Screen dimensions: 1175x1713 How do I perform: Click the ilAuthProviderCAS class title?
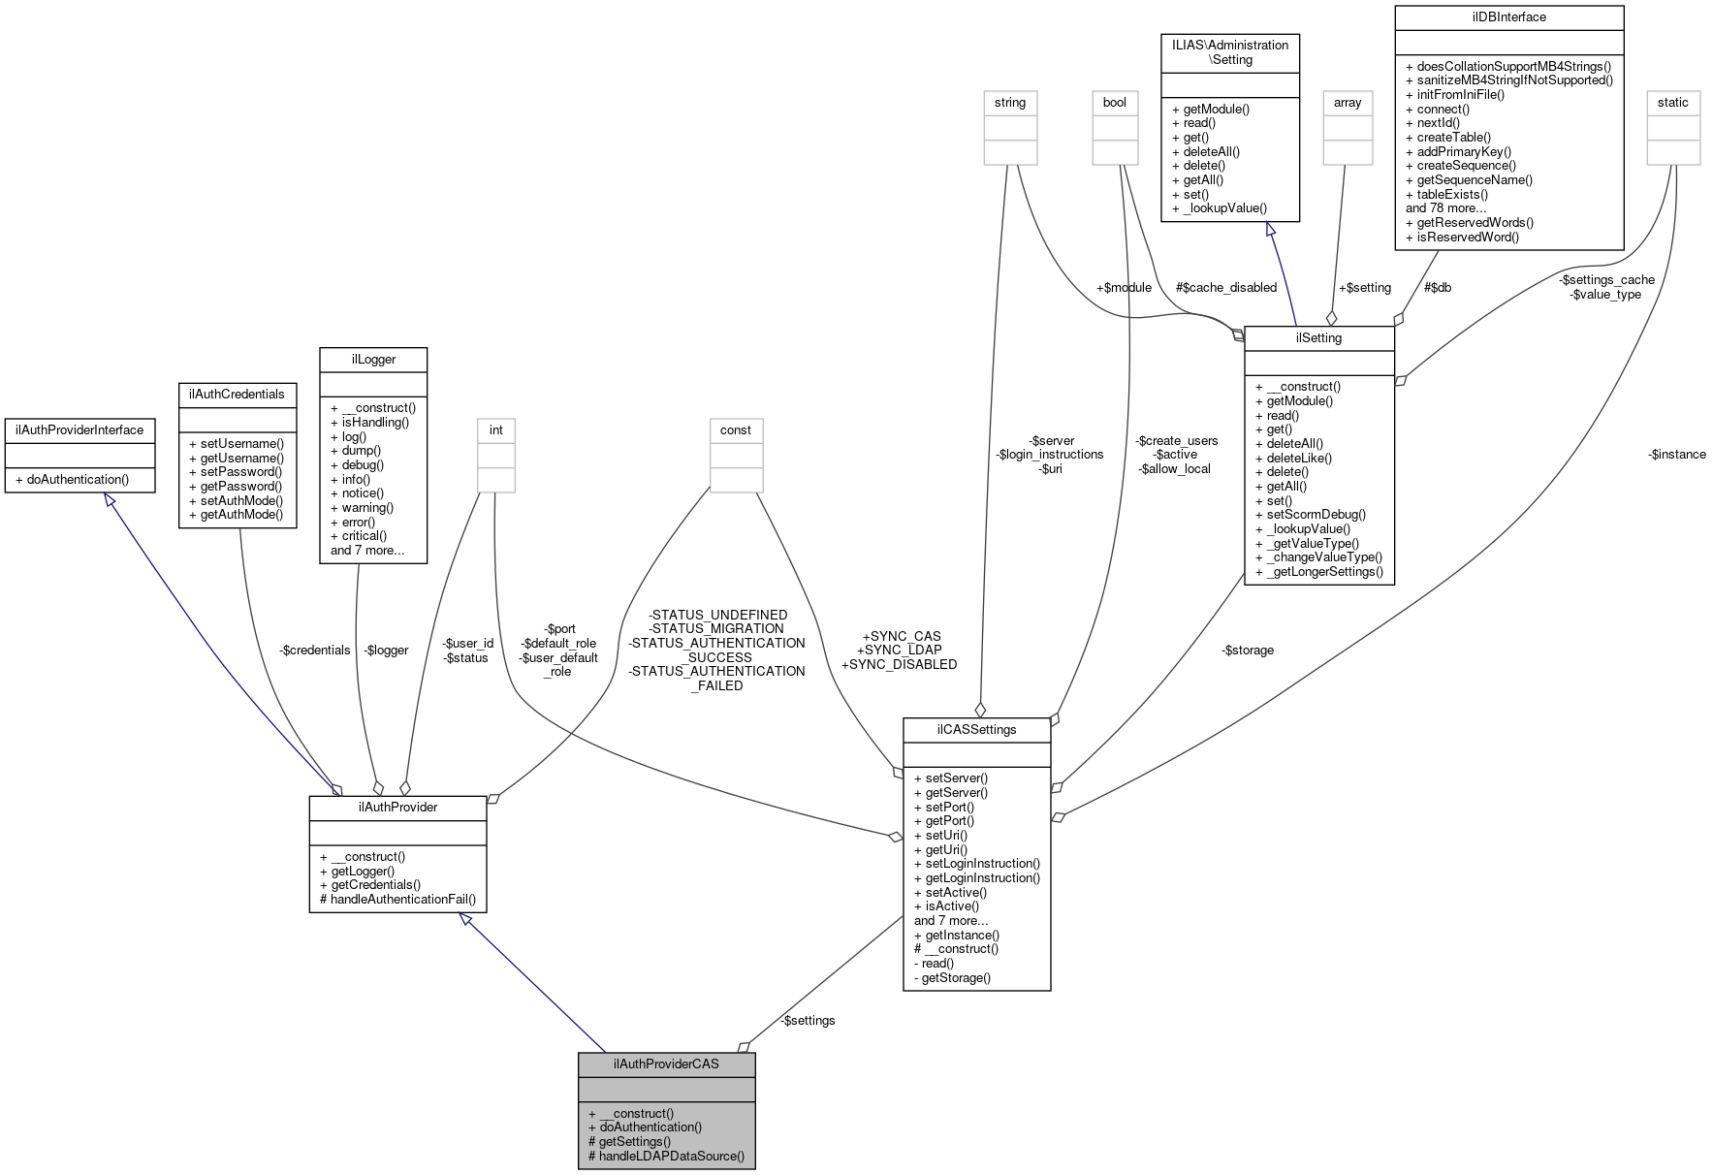pos(666,1064)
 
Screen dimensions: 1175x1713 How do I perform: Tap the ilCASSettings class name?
pos(976,729)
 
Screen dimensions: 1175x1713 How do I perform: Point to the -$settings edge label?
pos(808,1020)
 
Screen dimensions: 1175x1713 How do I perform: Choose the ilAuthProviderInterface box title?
pos(79,429)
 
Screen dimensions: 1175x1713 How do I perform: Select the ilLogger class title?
pos(373,359)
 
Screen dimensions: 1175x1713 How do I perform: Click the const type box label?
pos(736,429)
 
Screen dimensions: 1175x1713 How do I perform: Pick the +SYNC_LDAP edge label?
pos(899,650)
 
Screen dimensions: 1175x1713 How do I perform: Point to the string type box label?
pos(1009,102)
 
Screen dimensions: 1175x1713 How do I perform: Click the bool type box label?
pos(1115,102)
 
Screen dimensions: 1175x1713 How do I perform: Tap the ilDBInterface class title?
pos(1508,17)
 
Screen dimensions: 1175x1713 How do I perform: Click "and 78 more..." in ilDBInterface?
pos(1445,207)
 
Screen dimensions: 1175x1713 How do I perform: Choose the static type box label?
pos(1672,102)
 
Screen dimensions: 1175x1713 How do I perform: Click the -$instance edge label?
pos(1676,455)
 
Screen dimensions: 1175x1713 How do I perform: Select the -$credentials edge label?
pos(314,650)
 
